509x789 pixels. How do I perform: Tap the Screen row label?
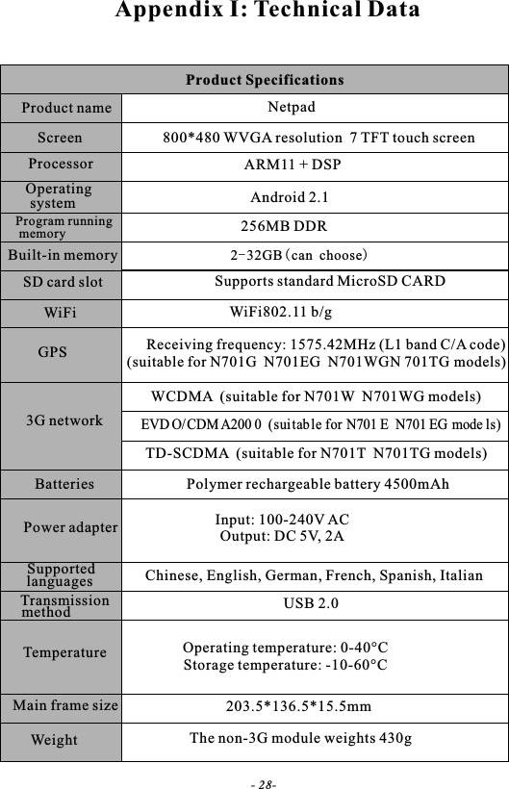(x=60, y=138)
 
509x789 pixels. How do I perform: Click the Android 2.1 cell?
(x=290, y=198)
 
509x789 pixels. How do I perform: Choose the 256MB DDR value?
(x=283, y=227)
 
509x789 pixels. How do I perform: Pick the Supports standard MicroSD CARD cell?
(x=329, y=282)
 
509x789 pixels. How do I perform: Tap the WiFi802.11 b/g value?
(x=281, y=312)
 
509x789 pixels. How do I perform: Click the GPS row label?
(x=52, y=352)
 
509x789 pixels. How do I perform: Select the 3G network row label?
(x=64, y=421)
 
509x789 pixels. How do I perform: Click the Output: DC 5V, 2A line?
(x=283, y=536)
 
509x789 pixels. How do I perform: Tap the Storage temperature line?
(x=286, y=665)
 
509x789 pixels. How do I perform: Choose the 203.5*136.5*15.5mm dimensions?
(x=298, y=707)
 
